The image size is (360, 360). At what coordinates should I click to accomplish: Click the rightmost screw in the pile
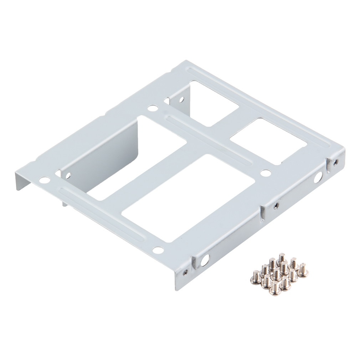click(303, 270)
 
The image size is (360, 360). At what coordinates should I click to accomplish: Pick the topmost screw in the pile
click(282, 257)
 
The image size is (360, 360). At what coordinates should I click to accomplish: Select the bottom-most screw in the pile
click(274, 288)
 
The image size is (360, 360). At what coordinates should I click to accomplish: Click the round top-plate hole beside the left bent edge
click(44, 180)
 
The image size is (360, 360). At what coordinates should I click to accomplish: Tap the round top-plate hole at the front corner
click(158, 250)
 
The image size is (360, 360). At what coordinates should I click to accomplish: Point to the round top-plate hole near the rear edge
click(152, 107)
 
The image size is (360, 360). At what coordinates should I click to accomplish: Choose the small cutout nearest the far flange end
click(269, 141)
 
